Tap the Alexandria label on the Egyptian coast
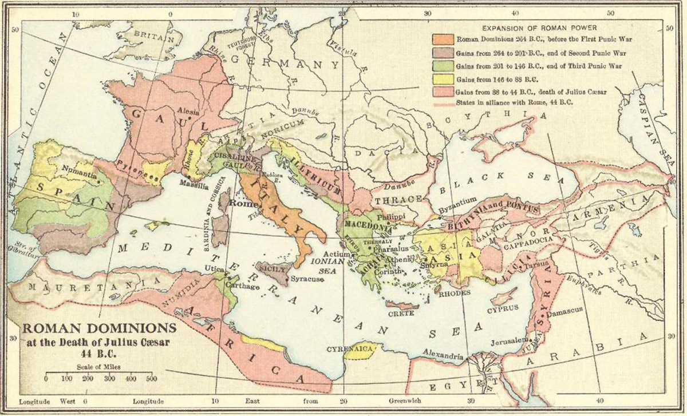[442, 356]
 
